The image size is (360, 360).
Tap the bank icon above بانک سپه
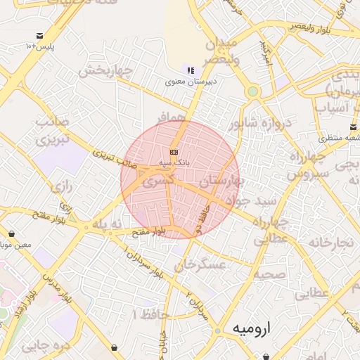click(x=174, y=152)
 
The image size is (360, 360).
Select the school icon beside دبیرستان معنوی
click(x=191, y=70)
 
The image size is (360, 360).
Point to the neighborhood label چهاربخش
click(x=106, y=71)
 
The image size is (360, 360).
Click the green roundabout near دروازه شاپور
click(x=252, y=91)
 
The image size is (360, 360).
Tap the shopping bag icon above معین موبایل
click(x=12, y=234)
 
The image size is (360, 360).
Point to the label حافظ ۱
click(x=155, y=315)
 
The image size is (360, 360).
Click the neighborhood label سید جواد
click(x=258, y=202)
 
